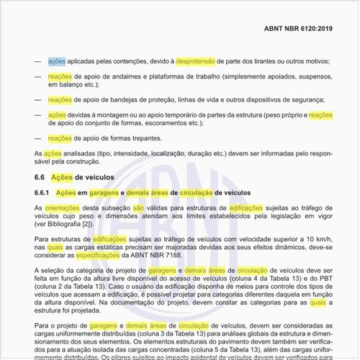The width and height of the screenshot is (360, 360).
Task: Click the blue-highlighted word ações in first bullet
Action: [57, 61]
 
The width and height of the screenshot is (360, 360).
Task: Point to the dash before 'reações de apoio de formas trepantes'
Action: [37, 138]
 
